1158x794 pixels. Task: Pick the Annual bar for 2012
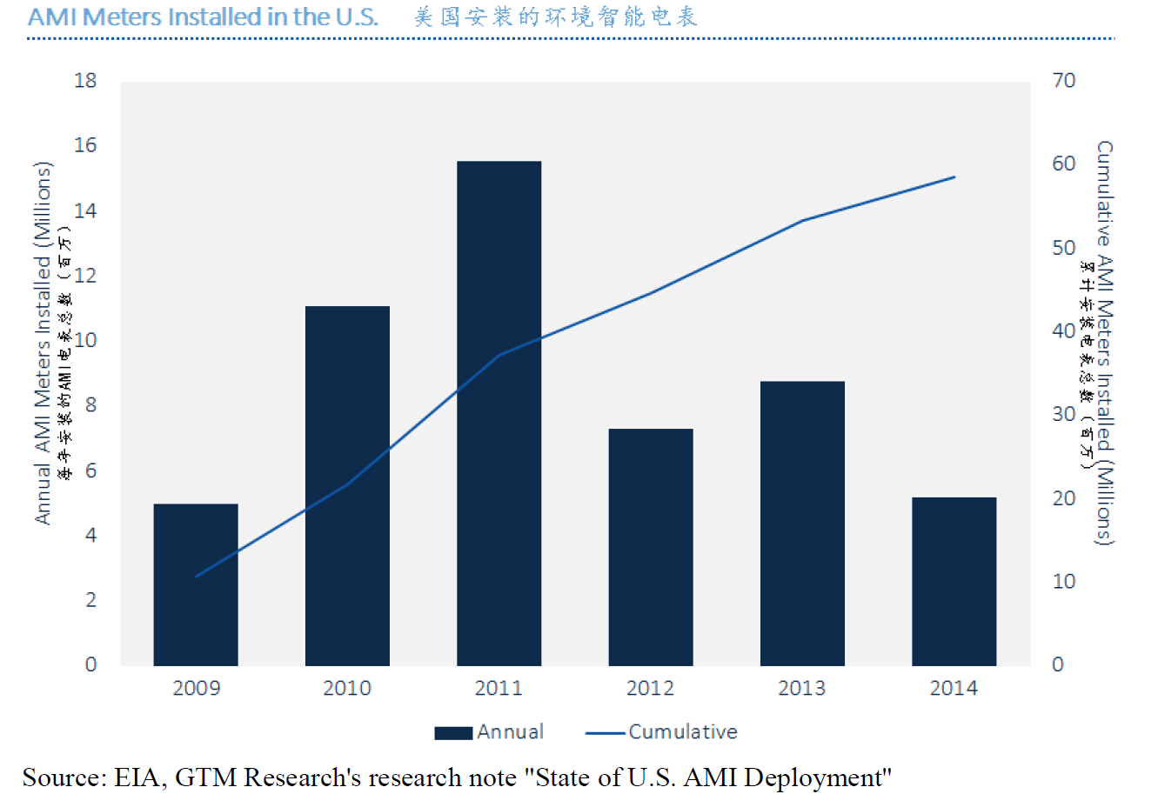tap(651, 547)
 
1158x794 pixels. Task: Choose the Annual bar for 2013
tap(802, 523)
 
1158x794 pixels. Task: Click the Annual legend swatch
tap(453, 732)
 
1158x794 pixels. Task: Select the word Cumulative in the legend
tap(683, 732)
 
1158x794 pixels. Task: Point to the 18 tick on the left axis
tap(86, 81)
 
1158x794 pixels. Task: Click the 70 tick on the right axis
tap(1064, 81)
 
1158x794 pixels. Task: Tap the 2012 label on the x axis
tap(650, 689)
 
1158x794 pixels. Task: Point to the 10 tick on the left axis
tap(86, 340)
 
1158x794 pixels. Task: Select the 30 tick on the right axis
tap(1064, 414)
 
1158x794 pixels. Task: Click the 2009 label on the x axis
tap(196, 689)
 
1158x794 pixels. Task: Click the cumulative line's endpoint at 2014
tap(954, 177)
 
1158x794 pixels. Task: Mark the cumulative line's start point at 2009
tap(196, 576)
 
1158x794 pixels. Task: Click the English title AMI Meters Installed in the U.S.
tap(203, 17)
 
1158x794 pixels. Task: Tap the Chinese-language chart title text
tap(555, 17)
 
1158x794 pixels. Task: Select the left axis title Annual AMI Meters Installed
tap(43, 344)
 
